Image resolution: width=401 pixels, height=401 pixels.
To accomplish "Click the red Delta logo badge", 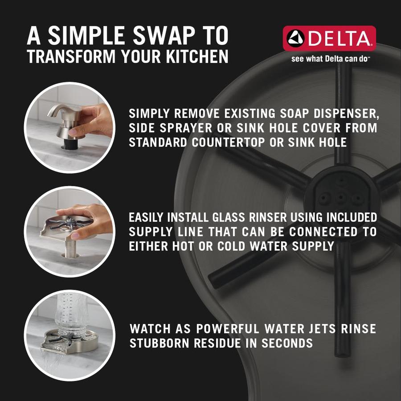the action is (329, 38).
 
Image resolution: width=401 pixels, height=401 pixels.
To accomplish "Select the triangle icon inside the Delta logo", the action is (296, 38).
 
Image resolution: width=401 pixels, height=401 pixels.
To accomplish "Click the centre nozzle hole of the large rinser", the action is (340, 197).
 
